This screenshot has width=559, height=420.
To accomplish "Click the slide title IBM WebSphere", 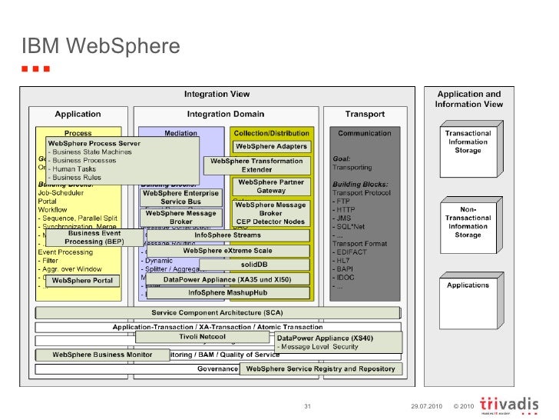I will pyautogui.click(x=101, y=48).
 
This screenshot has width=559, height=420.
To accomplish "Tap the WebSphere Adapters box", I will pyautogui.click(x=271, y=146).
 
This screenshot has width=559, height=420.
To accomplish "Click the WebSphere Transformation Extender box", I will pyautogui.click(x=256, y=165).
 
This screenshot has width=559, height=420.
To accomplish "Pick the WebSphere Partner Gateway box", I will pyautogui.click(x=271, y=187).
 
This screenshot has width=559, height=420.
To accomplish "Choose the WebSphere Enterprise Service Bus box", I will pyautogui.click(x=180, y=197).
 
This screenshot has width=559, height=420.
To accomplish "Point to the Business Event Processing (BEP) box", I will pyautogui.click(x=95, y=238).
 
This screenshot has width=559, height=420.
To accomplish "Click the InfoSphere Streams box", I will pyautogui.click(x=227, y=235).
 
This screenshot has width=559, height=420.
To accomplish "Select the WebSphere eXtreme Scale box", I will pyautogui.click(x=227, y=251).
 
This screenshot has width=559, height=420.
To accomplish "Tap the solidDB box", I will pyautogui.click(x=254, y=265).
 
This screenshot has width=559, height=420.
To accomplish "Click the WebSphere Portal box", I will pyautogui.click(x=82, y=281).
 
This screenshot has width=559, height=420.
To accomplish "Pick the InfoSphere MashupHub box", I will pyautogui.click(x=227, y=293).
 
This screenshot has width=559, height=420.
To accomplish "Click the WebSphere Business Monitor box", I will pyautogui.click(x=103, y=355).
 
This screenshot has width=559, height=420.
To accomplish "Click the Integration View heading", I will pyautogui.click(x=217, y=95).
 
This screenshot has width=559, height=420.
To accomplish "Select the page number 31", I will pyautogui.click(x=307, y=406).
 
